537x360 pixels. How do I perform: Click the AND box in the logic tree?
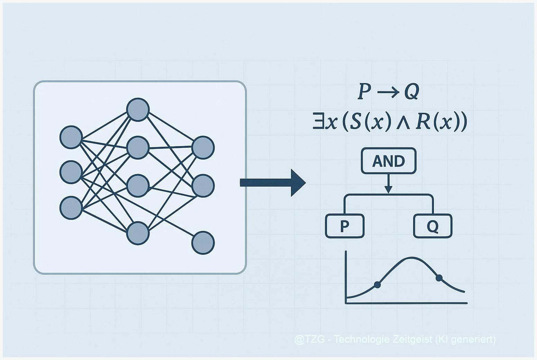[388, 161]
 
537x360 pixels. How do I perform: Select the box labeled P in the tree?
[345, 226]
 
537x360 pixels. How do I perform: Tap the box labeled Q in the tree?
[433, 226]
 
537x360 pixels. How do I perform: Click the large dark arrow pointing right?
[273, 183]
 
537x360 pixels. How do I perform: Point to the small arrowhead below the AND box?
[388, 189]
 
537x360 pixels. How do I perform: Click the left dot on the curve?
[377, 285]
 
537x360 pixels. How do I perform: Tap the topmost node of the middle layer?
[138, 110]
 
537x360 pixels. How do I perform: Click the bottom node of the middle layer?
[138, 233]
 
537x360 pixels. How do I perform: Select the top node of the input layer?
[71, 137]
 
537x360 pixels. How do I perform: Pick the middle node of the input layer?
[71, 172]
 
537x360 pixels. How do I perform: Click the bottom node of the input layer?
[71, 208]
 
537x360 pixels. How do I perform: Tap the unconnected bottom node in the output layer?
[203, 243]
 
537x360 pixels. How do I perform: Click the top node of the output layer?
[203, 148]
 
